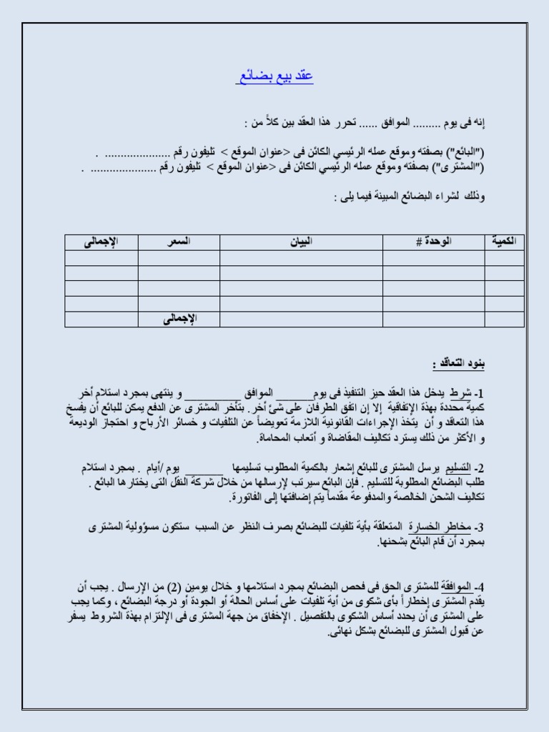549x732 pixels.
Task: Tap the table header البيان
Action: [x=302, y=242]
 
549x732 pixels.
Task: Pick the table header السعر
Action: [x=179, y=242]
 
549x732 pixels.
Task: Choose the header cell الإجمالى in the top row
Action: [x=102, y=242]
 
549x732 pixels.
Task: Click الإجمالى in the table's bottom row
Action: [x=179, y=319]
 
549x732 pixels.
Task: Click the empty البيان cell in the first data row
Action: [x=302, y=257]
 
